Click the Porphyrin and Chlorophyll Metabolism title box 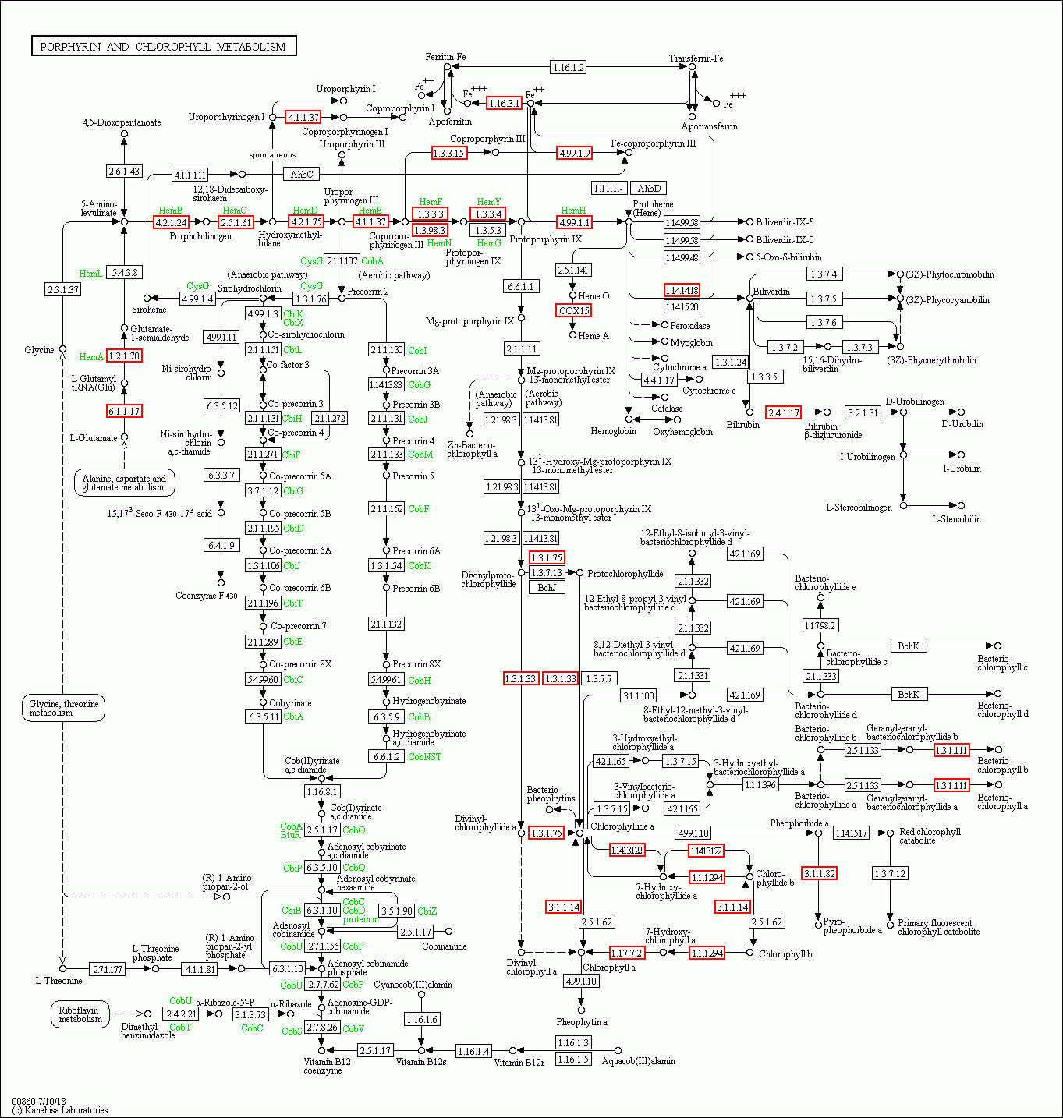[163, 47]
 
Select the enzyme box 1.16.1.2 [568, 67]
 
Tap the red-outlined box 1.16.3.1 [504, 103]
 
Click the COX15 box [574, 310]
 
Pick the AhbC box [301, 174]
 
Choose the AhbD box [648, 188]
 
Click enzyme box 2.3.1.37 [63, 289]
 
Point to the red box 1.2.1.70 [124, 356]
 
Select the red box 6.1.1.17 [124, 411]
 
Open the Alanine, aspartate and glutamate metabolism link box [124, 483]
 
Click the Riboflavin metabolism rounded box [80, 1014]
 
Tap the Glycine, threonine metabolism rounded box [62, 708]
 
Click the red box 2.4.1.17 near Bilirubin [783, 412]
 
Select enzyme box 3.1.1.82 [819, 873]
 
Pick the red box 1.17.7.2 [626, 953]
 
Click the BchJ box [547, 587]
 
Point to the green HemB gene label [171, 211]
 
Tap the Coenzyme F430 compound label [206, 596]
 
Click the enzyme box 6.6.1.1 [520, 286]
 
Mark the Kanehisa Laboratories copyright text [60, 1109]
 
